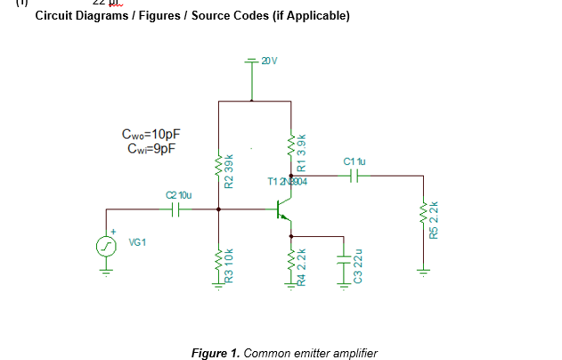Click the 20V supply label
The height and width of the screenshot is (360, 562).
(269, 61)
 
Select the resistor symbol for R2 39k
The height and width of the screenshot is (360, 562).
(219, 166)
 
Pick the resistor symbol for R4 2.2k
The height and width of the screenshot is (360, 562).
(291, 262)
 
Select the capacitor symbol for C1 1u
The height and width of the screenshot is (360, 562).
(354, 176)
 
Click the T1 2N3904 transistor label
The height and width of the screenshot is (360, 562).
(287, 182)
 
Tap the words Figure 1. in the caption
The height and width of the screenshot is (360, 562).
(216, 353)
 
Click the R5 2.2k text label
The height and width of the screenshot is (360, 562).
(434, 218)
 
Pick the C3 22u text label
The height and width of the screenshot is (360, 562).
(357, 266)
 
